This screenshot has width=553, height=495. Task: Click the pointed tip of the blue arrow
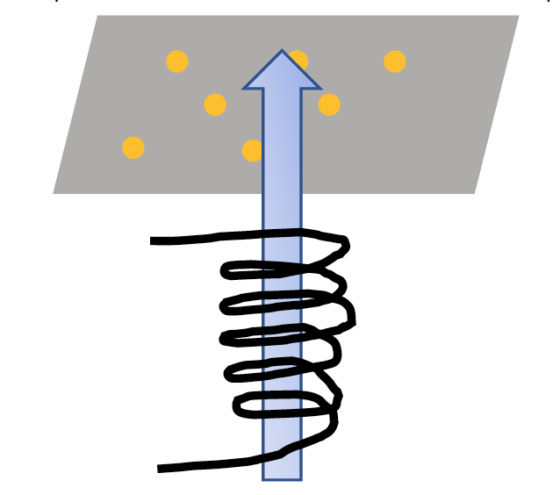(x=282, y=51)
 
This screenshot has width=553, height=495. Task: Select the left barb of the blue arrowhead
(x=246, y=88)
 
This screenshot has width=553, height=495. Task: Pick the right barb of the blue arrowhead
(x=319, y=88)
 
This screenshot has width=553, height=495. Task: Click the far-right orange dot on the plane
(x=395, y=61)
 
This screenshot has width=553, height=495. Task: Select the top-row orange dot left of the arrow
(x=177, y=61)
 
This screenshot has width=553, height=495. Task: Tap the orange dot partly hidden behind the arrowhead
(x=300, y=60)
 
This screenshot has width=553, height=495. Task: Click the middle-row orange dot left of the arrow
(x=215, y=104)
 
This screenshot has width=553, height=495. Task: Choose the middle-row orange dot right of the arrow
(x=329, y=104)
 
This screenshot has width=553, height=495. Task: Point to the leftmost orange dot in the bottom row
(x=133, y=147)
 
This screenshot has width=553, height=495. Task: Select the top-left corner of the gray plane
(x=97, y=16)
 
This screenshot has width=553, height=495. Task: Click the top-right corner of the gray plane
(x=518, y=16)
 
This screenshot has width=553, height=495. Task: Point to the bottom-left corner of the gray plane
(x=54, y=193)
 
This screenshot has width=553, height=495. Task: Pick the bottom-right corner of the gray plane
(x=475, y=193)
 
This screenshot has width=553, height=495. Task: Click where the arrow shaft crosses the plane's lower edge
(x=282, y=193)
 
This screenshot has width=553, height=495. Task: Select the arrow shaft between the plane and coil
(x=282, y=212)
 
